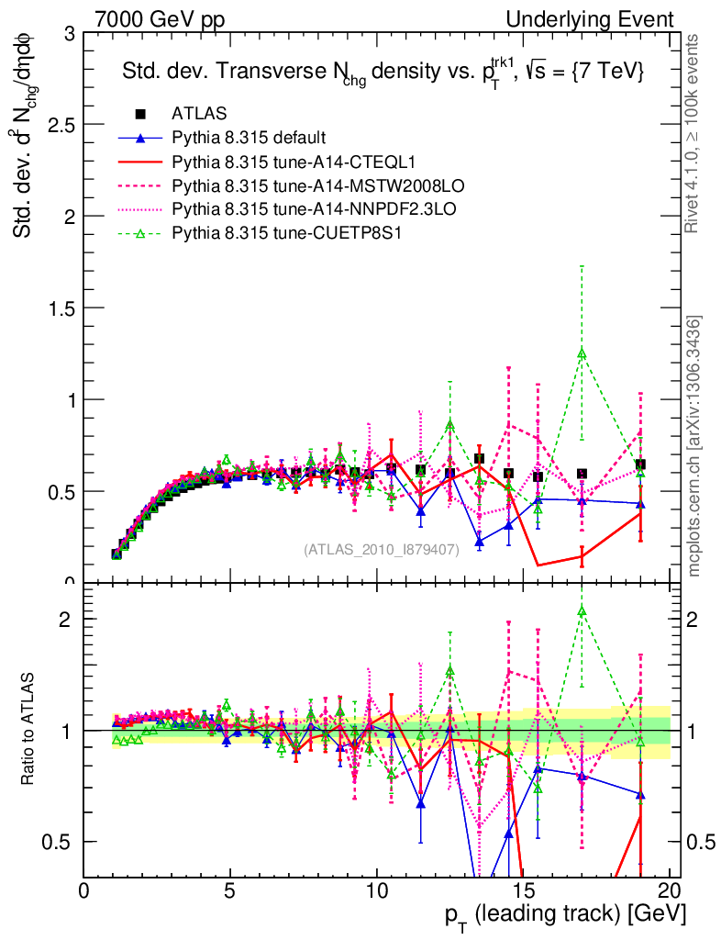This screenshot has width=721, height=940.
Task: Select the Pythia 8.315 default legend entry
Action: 248,139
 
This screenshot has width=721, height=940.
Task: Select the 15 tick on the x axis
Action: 523,890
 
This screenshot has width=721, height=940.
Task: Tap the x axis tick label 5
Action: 230,890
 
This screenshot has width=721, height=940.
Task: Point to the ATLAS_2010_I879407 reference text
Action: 382,550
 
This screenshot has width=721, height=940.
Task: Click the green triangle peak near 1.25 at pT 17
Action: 582,352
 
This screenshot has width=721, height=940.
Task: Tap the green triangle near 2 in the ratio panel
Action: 582,610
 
